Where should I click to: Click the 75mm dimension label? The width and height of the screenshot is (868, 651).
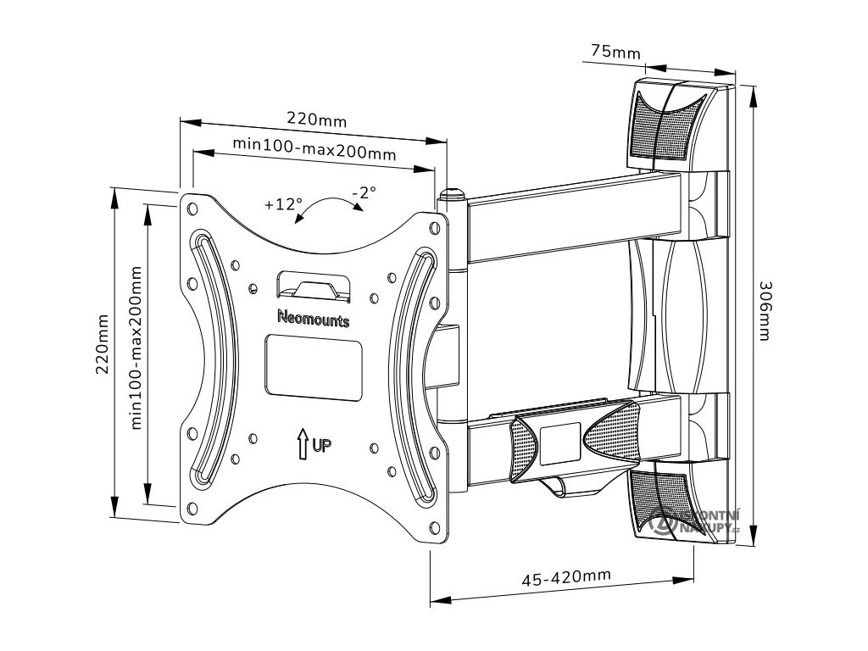pos(615,52)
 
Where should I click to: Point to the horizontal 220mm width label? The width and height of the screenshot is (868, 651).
pos(315,120)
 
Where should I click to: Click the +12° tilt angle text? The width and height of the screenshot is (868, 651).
pos(282,203)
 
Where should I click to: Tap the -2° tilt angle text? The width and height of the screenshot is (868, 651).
pos(364,193)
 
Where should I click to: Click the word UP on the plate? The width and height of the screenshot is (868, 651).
pos(322,444)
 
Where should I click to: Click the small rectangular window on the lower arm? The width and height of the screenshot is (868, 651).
pos(559,442)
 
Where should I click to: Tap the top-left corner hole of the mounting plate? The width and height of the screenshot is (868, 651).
pos(192,205)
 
